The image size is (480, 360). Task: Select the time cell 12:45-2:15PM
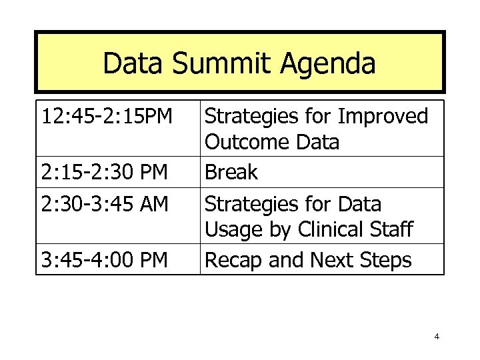point(107,117)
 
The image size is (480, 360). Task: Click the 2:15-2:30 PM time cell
point(103,173)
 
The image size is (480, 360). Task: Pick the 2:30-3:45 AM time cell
point(104,203)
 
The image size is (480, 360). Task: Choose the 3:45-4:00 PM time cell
point(104,260)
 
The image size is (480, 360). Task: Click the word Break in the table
point(231,173)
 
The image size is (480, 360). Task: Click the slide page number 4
point(436,336)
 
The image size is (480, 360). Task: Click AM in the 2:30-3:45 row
point(153,203)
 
